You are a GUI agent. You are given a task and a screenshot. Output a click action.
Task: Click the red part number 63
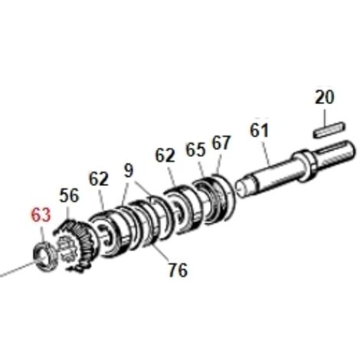[x=41, y=215]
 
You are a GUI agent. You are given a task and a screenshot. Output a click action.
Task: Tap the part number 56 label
[x=69, y=196]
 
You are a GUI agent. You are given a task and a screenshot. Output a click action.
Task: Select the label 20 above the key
[x=324, y=97]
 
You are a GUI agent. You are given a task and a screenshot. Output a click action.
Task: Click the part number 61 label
[x=260, y=130]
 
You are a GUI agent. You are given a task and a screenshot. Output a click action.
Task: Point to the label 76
[x=178, y=270]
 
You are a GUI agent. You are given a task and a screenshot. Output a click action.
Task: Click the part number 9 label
[x=129, y=171]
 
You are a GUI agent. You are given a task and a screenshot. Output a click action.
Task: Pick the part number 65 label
[x=195, y=149]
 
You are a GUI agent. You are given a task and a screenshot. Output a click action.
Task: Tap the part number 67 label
[x=221, y=142]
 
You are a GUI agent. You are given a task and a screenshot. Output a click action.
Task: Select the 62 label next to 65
[x=165, y=155]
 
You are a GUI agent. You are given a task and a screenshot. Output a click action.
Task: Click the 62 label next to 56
[x=99, y=179]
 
